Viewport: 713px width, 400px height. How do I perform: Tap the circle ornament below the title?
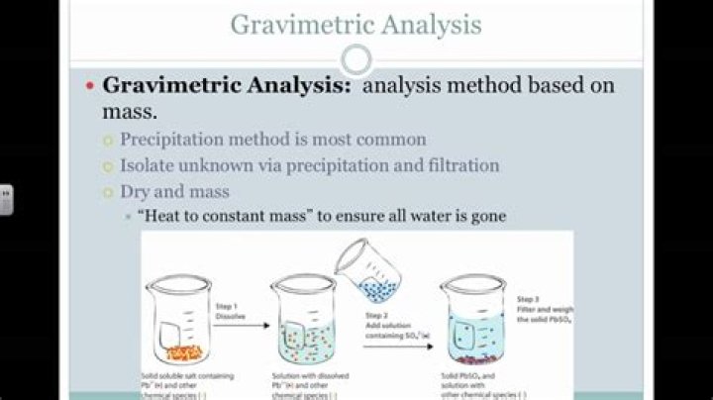point(356,60)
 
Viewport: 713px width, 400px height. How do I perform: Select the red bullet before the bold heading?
point(89,86)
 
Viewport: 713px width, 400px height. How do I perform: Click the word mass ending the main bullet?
point(130,111)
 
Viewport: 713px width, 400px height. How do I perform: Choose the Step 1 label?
point(231,307)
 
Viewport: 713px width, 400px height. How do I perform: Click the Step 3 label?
point(529,298)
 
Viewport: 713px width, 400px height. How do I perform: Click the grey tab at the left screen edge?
point(5,199)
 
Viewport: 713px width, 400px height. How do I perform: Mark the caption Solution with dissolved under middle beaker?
point(308,377)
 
